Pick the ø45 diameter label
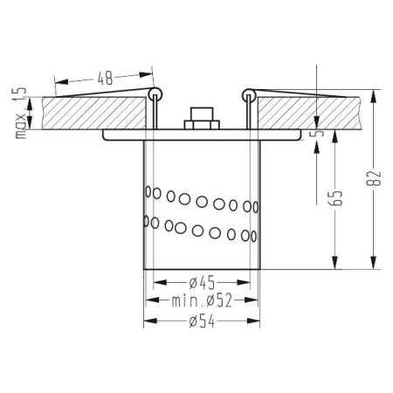[203, 283]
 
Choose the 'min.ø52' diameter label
[202, 301]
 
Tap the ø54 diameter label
[203, 321]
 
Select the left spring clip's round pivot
[155, 92]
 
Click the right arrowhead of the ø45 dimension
[254, 283]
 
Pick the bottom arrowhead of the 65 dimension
[334, 265]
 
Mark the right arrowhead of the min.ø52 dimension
[260, 301]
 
